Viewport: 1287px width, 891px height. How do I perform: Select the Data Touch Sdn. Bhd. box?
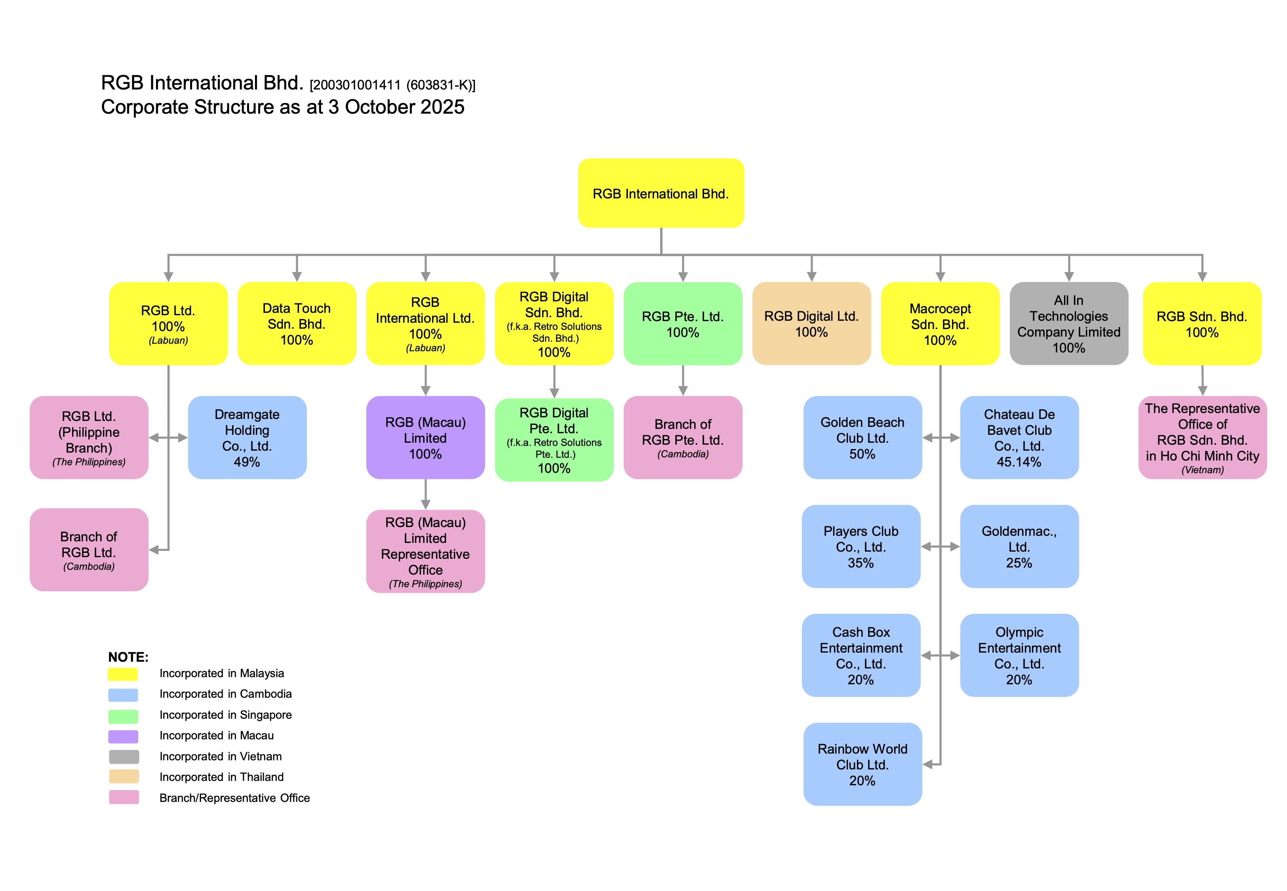click(296, 324)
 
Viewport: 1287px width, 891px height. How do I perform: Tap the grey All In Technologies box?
click(1068, 324)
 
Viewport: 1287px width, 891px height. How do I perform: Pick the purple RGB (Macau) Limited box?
click(425, 438)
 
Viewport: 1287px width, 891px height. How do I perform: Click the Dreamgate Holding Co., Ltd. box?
click(247, 438)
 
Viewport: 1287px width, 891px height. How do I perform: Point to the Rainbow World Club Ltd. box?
click(862, 764)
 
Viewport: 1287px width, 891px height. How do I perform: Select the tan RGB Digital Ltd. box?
click(811, 324)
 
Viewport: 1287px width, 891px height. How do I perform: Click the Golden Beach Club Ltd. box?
click(862, 438)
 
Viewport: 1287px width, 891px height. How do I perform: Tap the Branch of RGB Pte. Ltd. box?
click(683, 438)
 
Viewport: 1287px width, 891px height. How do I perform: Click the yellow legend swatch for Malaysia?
click(123, 674)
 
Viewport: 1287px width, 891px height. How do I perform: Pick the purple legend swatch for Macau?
click(123, 736)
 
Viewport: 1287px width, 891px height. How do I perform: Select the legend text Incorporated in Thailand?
click(222, 777)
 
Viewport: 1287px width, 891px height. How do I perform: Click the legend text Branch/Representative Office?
click(234, 798)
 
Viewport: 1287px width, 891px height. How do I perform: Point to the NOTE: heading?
click(128, 657)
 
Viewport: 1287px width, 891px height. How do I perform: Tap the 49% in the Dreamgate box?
click(247, 462)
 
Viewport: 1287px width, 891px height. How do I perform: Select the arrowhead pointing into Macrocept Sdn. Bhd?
click(940, 276)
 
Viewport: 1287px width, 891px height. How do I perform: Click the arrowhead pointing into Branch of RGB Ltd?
click(154, 550)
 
